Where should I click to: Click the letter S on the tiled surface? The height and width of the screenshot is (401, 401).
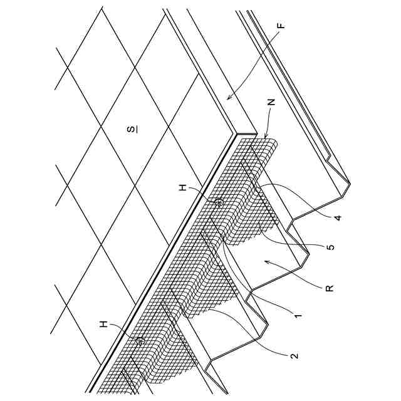tap(132, 129)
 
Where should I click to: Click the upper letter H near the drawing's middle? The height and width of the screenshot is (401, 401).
tap(183, 186)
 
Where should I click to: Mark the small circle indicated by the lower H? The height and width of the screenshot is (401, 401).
tap(140, 341)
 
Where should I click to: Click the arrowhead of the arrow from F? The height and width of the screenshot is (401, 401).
tap(226, 98)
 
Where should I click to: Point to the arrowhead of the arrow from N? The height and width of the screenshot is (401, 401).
tap(262, 138)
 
